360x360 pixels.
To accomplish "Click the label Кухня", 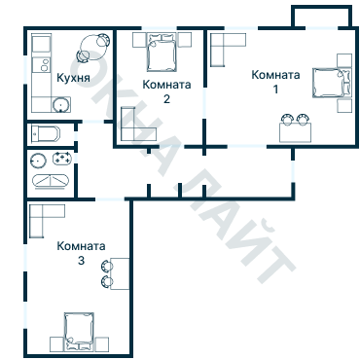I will (74, 78).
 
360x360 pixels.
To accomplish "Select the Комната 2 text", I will (166, 91).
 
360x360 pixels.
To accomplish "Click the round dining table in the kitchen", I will (95, 44).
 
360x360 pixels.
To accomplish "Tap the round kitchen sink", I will (60, 105).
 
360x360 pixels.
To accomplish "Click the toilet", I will (46, 133).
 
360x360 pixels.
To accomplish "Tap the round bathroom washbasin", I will (39, 159).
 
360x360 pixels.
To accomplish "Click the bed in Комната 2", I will (161, 54).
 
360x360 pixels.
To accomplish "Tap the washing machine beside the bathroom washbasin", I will (63, 159).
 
